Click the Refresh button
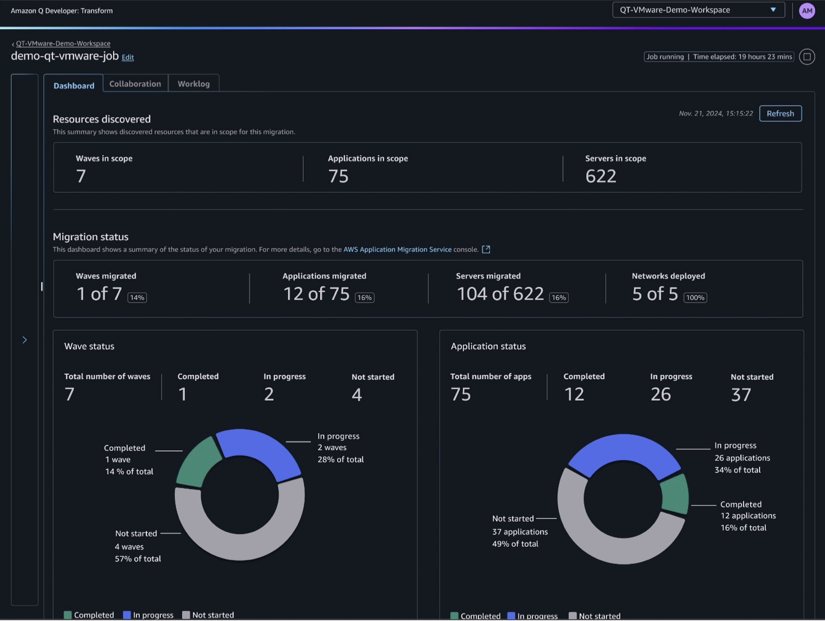pyautogui.click(x=780, y=114)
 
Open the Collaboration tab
pyautogui.click(x=135, y=84)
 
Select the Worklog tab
pyautogui.click(x=194, y=84)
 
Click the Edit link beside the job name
pyautogui.click(x=128, y=58)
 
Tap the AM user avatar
pyautogui.click(x=807, y=11)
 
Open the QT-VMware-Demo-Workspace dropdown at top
pyautogui.click(x=698, y=10)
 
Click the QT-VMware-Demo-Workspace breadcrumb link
pyautogui.click(x=63, y=43)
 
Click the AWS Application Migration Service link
pyautogui.click(x=397, y=249)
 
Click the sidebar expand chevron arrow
pyautogui.click(x=25, y=340)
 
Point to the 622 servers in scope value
pyautogui.click(x=601, y=176)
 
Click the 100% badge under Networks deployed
pyautogui.click(x=695, y=298)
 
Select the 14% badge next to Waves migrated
pyautogui.click(x=137, y=298)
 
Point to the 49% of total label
pyautogui.click(x=515, y=544)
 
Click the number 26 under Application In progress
pyautogui.click(x=661, y=395)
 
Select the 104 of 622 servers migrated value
pyautogui.click(x=500, y=294)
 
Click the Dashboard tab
pyautogui.click(x=74, y=86)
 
